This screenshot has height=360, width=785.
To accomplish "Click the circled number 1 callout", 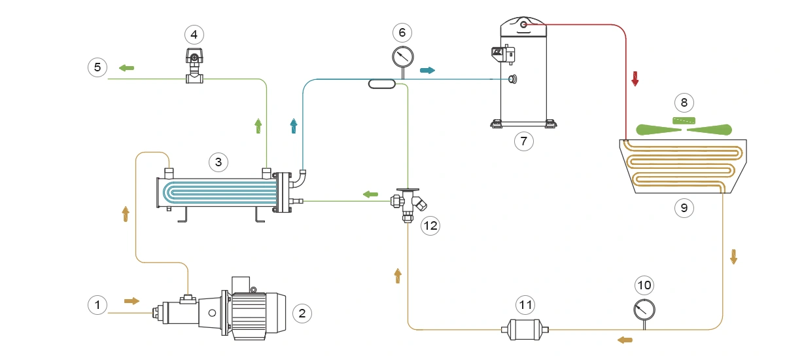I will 97,304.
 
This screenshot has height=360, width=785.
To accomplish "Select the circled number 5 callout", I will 97,67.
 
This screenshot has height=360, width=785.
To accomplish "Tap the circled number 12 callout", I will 430,226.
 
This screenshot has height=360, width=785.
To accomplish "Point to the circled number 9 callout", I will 684,208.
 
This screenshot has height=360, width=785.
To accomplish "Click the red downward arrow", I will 634,79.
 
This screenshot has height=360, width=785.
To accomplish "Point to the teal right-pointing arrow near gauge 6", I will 427,70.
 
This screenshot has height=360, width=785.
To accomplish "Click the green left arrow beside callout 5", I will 126,67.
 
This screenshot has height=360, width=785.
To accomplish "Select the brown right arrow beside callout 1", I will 132,300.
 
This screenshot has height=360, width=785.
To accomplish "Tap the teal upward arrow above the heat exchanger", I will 294,126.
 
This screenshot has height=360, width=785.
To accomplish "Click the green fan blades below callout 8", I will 684,129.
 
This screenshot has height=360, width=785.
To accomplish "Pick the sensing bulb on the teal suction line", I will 381,83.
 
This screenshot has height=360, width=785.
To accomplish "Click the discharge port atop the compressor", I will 524,25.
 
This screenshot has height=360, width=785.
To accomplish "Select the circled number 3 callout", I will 218,161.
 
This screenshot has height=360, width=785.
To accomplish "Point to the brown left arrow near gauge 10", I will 625,339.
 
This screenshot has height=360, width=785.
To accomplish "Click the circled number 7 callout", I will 524,140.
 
